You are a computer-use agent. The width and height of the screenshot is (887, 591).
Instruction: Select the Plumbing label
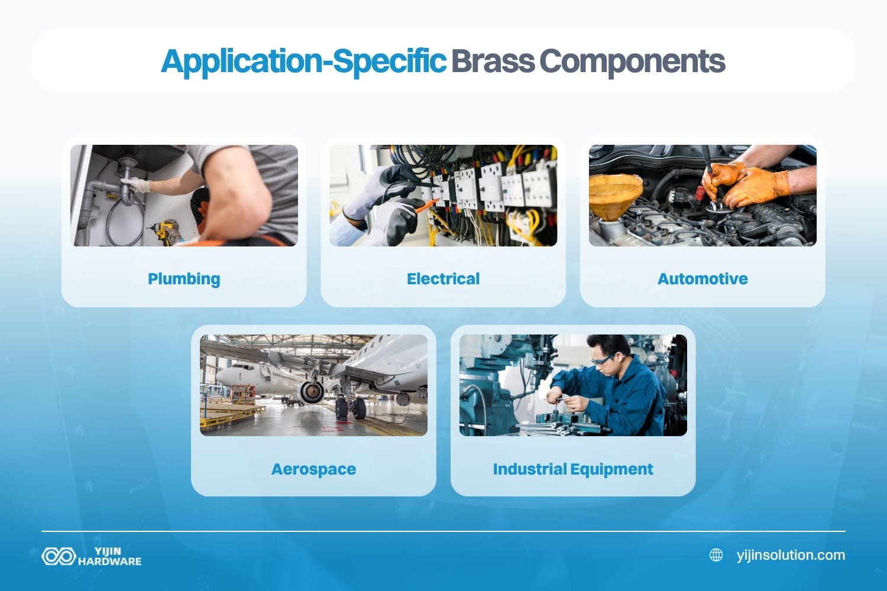[x=184, y=279]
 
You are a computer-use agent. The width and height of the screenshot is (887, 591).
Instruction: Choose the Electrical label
[x=443, y=279]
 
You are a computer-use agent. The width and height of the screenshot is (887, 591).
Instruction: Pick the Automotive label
[x=703, y=279]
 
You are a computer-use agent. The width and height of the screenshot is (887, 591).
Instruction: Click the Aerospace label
[x=313, y=469]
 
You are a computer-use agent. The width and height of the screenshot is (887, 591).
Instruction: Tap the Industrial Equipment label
[x=572, y=469]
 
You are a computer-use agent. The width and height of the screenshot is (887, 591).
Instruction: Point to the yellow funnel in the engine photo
[x=615, y=195]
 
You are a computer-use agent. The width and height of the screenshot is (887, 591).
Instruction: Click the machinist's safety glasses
[x=602, y=359]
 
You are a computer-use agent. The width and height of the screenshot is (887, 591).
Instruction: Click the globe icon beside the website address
[x=716, y=555]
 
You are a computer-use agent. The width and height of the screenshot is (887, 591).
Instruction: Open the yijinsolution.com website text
[x=791, y=555]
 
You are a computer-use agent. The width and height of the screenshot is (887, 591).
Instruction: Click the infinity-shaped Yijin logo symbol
[x=58, y=556]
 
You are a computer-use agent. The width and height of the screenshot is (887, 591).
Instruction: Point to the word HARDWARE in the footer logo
[x=110, y=561]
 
